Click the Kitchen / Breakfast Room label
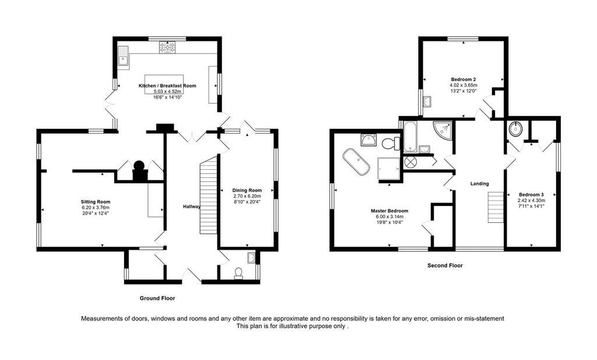pyautogui.click(x=167, y=86)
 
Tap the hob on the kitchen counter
pyautogui.click(x=167, y=47)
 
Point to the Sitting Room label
pyautogui.click(x=95, y=202)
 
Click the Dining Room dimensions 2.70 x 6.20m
pyautogui.click(x=247, y=196)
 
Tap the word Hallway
pyautogui.click(x=191, y=207)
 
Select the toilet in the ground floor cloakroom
pyautogui.click(x=238, y=273)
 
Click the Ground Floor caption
pyautogui.click(x=157, y=298)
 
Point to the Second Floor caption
pyautogui.click(x=445, y=265)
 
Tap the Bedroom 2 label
pyautogui.click(x=463, y=79)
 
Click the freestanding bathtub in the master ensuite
pyautogui.click(x=356, y=162)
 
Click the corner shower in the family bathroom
pyautogui.click(x=443, y=130)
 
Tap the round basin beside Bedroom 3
pyautogui.click(x=516, y=128)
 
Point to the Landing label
pyautogui.click(x=479, y=184)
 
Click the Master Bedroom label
pyautogui.click(x=389, y=211)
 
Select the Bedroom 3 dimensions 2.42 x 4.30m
pyautogui.click(x=531, y=200)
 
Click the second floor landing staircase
pyautogui.click(x=496, y=207)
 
